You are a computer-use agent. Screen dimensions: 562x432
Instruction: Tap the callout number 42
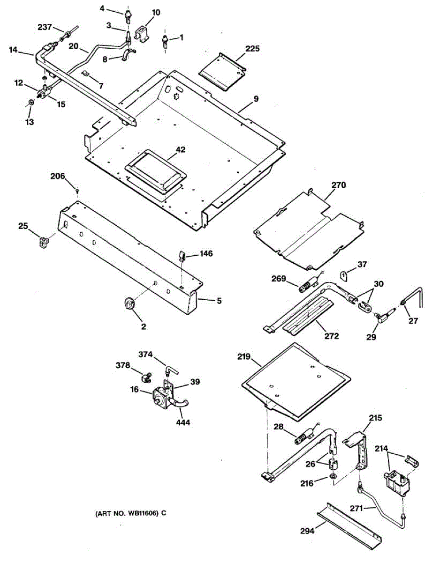coord(181,150)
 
